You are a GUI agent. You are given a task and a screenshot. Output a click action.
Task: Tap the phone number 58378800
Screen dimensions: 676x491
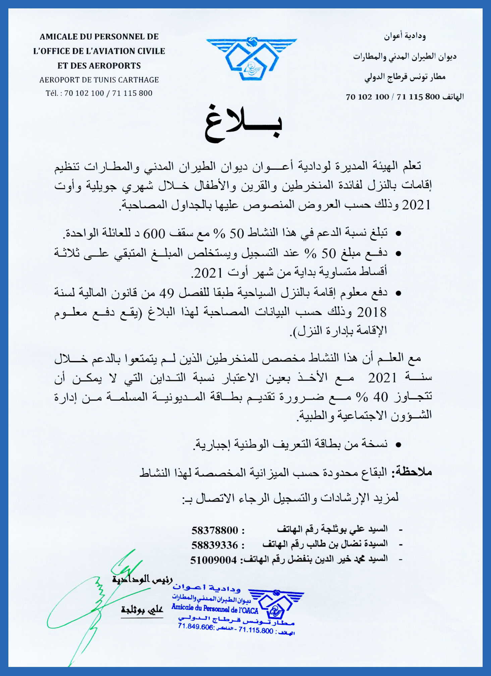[215, 530]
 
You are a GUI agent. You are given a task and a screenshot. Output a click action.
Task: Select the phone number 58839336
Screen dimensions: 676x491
[215, 545]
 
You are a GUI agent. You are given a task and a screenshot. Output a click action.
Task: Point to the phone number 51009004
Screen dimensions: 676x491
[214, 560]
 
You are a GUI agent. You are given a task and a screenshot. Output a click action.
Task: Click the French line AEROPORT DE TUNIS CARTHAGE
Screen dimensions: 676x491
[99, 80]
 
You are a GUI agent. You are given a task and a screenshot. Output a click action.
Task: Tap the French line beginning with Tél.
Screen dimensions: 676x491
[99, 93]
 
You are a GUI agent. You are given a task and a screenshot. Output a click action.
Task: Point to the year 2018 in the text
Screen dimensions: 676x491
[372, 313]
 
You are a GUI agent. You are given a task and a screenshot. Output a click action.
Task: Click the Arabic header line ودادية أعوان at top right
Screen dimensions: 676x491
[405, 36]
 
